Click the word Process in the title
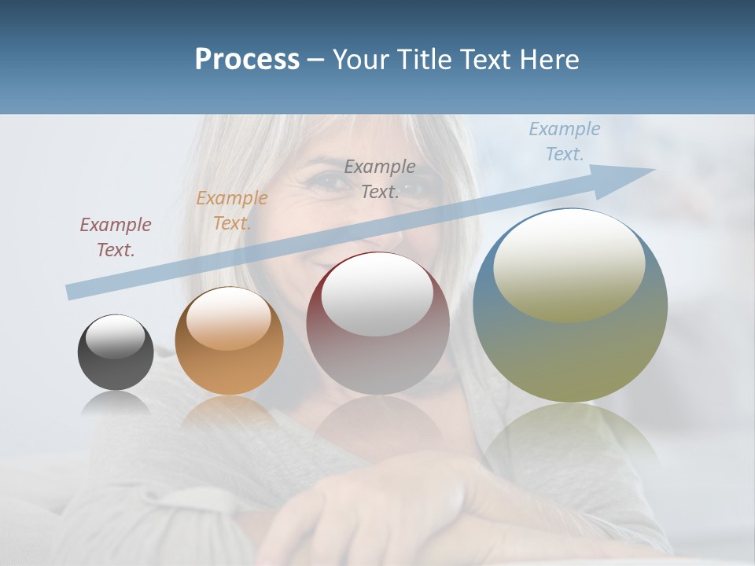tap(247, 60)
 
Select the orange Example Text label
tap(231, 211)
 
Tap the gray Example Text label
tap(380, 178)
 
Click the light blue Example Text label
tap(564, 141)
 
